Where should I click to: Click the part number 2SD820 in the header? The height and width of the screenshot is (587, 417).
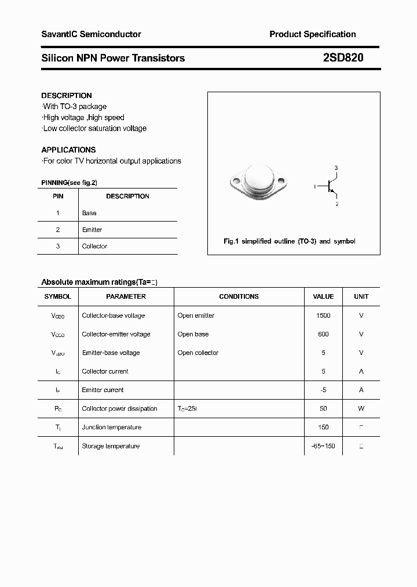(x=343, y=58)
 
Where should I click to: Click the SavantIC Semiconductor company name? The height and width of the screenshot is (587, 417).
(x=91, y=34)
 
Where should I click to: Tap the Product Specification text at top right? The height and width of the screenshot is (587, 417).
(x=312, y=34)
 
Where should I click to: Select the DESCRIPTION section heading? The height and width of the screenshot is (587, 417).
(x=67, y=96)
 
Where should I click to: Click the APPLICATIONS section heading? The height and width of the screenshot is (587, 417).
(x=68, y=150)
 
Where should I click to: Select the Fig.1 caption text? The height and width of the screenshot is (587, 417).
(x=289, y=241)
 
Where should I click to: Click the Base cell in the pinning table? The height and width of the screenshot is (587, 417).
(x=89, y=213)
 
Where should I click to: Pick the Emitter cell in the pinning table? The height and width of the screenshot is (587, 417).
(x=92, y=230)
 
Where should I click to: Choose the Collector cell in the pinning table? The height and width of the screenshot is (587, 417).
(x=94, y=247)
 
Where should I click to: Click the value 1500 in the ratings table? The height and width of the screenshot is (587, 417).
(x=323, y=316)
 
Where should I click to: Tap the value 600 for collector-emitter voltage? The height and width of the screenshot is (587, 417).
(x=323, y=334)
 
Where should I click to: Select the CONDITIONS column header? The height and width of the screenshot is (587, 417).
(x=239, y=296)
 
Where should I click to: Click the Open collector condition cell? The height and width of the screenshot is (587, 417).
(x=198, y=353)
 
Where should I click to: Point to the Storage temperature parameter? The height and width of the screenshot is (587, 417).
(x=111, y=446)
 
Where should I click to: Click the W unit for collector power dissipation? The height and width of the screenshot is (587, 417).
(x=361, y=408)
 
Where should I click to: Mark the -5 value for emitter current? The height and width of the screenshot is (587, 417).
(x=323, y=390)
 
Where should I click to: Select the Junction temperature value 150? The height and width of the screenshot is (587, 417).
(x=323, y=427)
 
